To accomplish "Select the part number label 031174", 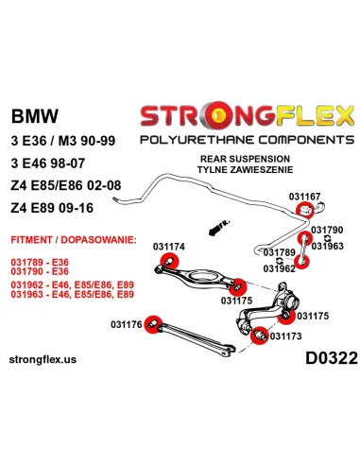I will tap(168, 246).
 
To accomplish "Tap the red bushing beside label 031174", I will tap(169, 263).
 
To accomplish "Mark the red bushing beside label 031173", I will tap(259, 333).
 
